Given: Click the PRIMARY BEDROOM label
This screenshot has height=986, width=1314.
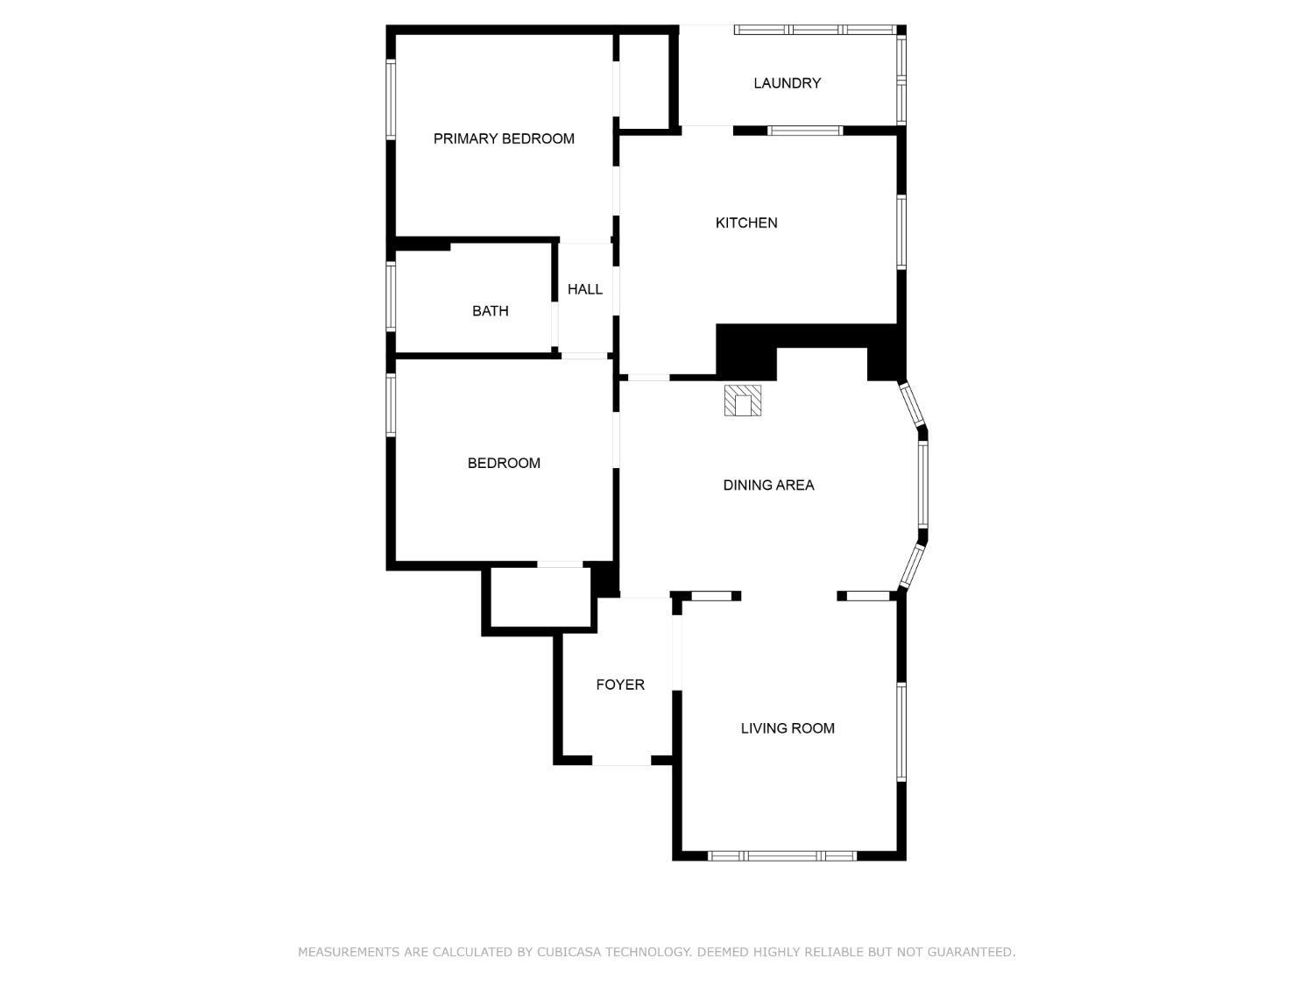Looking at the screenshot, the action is [504, 138].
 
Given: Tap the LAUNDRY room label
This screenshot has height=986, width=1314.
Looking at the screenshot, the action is [787, 83].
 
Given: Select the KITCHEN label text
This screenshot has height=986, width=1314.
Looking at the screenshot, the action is [745, 223].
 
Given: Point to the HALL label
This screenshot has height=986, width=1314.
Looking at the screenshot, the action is [584, 289].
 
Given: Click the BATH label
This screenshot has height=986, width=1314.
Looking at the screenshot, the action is [490, 311].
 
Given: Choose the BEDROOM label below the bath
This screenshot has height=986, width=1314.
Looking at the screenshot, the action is [504, 463].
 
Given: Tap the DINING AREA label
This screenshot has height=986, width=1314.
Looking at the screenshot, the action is [768, 485].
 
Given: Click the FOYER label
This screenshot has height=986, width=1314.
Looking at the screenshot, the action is [619, 685].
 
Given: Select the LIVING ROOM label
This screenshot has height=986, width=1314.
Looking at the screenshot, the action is [788, 728].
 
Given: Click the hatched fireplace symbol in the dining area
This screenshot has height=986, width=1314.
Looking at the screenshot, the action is [742, 401].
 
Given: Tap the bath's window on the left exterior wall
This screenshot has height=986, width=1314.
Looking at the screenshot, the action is [391, 296].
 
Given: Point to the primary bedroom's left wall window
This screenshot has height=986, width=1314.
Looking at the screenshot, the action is [391, 99].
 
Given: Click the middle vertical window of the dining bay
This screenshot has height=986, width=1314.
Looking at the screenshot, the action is [922, 484].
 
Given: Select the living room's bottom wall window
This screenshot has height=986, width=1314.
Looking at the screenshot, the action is [781, 855].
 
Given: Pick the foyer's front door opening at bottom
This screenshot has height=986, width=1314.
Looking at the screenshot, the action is [621, 760].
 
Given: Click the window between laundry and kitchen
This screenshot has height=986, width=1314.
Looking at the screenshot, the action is [805, 131].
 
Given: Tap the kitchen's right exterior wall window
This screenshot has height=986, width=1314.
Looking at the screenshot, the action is [901, 231].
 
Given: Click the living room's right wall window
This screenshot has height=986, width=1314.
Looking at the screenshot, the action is [901, 732].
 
